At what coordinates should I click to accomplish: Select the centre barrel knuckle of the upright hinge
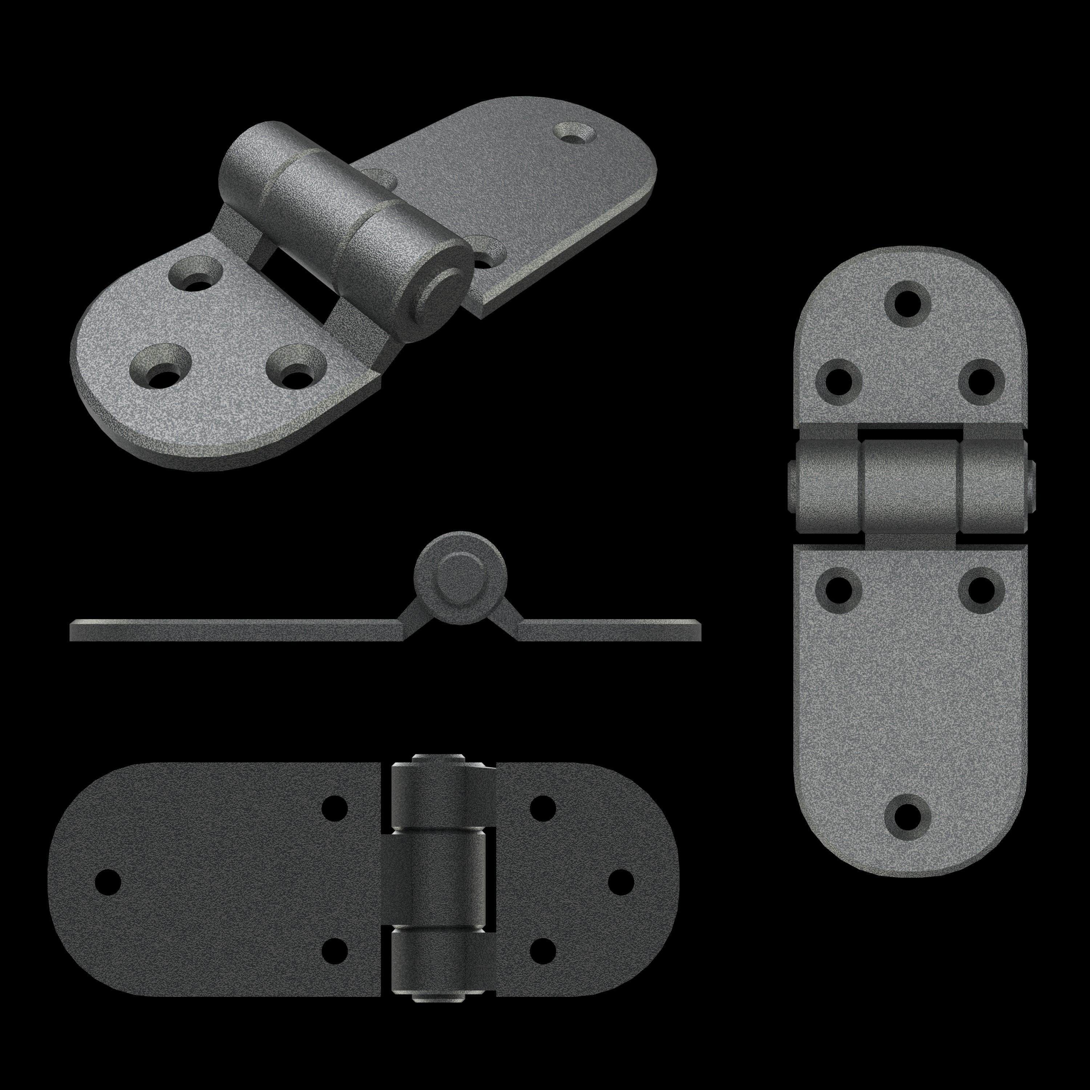(x=910, y=487)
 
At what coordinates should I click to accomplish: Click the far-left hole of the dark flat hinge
(x=108, y=881)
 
